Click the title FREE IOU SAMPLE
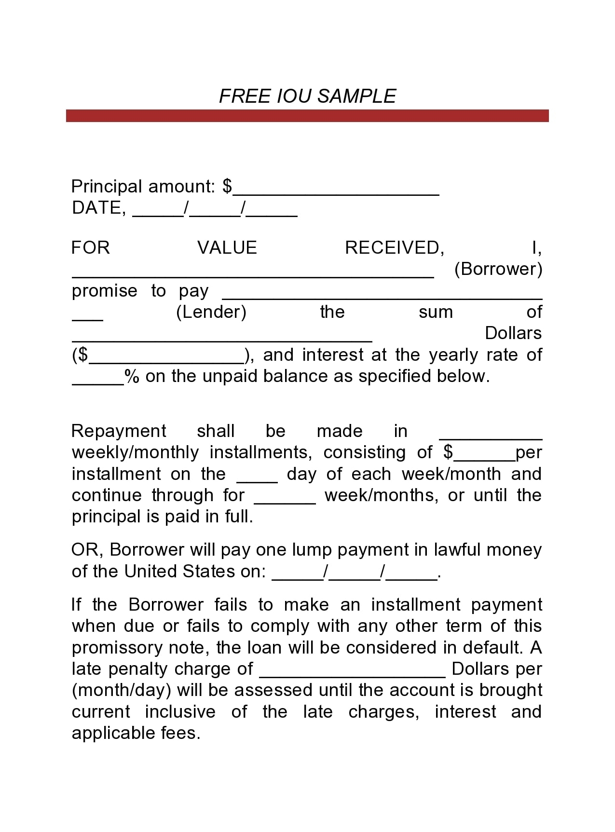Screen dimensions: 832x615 (x=307, y=96)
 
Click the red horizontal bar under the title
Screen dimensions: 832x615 (x=307, y=116)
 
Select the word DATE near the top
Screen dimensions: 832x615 (x=96, y=208)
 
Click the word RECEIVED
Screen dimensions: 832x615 (x=393, y=248)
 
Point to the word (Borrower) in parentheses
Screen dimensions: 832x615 (x=498, y=269)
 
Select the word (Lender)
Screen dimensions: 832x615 (x=211, y=312)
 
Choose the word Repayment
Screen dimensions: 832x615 (x=119, y=431)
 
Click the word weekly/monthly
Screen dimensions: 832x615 (x=135, y=452)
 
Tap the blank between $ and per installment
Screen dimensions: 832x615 (x=484, y=457)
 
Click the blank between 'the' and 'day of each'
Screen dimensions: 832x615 (x=257, y=478)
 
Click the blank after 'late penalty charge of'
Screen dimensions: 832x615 (x=352, y=673)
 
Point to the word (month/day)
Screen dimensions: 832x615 (x=122, y=690)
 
